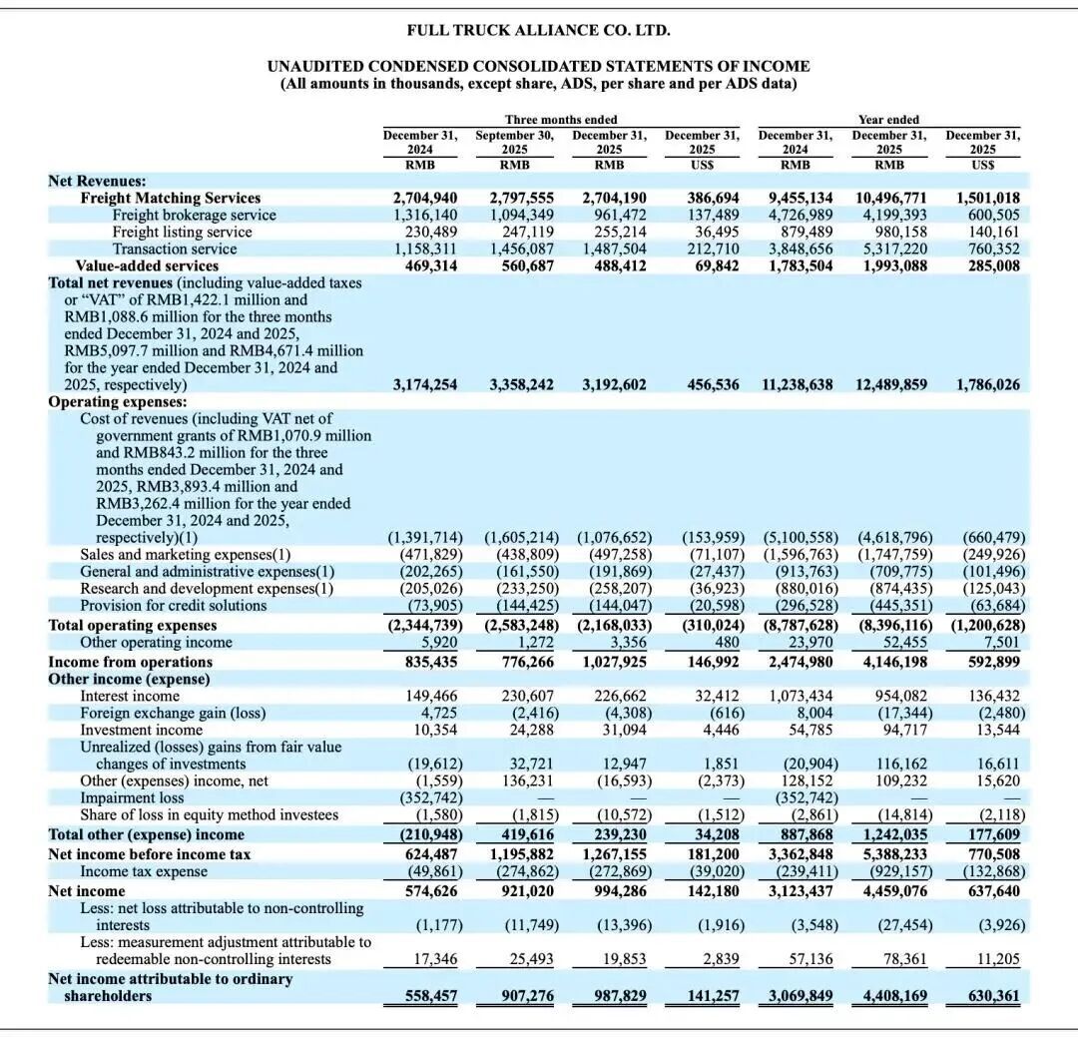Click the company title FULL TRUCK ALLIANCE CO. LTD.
point(538,31)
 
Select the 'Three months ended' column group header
point(561,120)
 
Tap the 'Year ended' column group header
point(889,120)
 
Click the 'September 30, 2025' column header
point(515,142)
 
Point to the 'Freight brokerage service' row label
point(195,215)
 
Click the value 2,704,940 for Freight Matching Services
point(425,198)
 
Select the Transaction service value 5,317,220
point(889,249)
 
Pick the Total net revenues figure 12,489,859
point(889,384)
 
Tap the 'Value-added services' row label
point(147,265)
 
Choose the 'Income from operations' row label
point(131,662)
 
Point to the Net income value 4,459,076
point(889,890)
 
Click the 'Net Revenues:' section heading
point(97,181)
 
